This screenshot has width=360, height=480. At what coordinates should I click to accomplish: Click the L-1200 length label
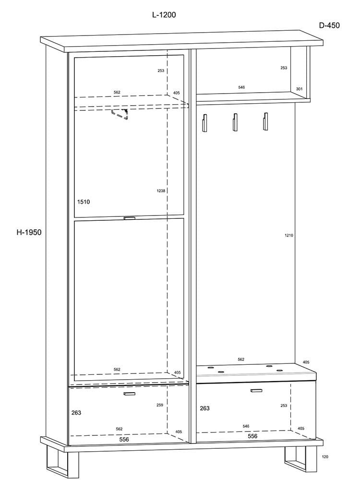pos(164,15)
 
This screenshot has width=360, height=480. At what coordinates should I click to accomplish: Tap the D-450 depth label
pos(329,25)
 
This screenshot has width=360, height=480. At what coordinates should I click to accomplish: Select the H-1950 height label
pos(29,232)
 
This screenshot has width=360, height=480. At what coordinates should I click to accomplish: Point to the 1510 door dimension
pos(84,202)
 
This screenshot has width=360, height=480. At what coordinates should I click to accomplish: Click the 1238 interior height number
pos(161,191)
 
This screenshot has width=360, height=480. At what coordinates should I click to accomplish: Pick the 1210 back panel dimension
pos(289,235)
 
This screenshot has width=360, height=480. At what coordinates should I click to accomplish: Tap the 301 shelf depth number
pos(300,89)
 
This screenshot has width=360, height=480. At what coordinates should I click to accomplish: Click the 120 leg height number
pos(325,457)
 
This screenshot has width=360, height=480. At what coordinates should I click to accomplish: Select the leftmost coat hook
pos(205,122)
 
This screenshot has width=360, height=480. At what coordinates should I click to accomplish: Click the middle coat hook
pos(235,122)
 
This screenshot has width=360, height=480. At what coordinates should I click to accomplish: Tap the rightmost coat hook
pos(265,121)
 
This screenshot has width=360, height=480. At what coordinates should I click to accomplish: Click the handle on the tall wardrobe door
pos(129,218)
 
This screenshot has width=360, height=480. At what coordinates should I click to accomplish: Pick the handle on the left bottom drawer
pos(129,394)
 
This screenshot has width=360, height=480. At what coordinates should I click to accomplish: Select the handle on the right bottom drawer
pos(256,391)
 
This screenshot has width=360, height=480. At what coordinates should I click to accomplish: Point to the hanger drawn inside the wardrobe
pos(120,114)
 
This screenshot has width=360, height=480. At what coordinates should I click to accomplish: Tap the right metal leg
pos(300,459)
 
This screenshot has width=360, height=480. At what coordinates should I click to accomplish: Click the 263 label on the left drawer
pos(76,413)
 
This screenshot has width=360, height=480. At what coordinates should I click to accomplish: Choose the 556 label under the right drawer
pos(252,436)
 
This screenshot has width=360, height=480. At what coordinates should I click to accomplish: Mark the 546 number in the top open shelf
pos(241,87)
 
